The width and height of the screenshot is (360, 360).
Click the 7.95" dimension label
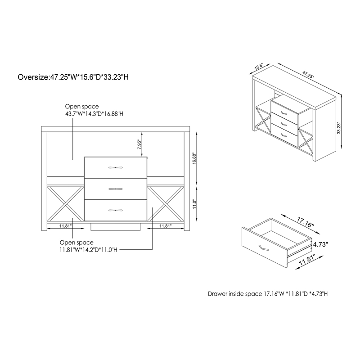point(139,144)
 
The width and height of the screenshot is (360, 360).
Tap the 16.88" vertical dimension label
point(194,158)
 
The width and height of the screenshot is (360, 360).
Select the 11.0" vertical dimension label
point(194,204)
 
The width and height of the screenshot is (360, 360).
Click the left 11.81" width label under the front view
point(66,226)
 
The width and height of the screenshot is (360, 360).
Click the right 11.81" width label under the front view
point(166,226)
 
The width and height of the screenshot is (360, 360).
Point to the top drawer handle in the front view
point(116,167)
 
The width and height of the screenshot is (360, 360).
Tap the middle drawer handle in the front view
point(116,189)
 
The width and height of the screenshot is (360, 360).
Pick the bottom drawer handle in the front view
point(116,210)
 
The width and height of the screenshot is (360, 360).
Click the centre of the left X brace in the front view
point(65,204)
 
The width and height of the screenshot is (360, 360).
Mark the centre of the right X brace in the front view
point(166,204)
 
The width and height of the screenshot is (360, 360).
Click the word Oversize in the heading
point(33,77)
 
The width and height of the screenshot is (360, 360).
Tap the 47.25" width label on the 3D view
point(308,75)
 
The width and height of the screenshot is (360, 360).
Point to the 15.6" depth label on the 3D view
point(258,67)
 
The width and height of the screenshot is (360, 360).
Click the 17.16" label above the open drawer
point(305,222)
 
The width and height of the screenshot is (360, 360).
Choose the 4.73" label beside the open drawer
point(320,244)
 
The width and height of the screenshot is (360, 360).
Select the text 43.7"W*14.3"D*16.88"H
point(94,114)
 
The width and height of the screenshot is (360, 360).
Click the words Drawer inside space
point(234,294)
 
